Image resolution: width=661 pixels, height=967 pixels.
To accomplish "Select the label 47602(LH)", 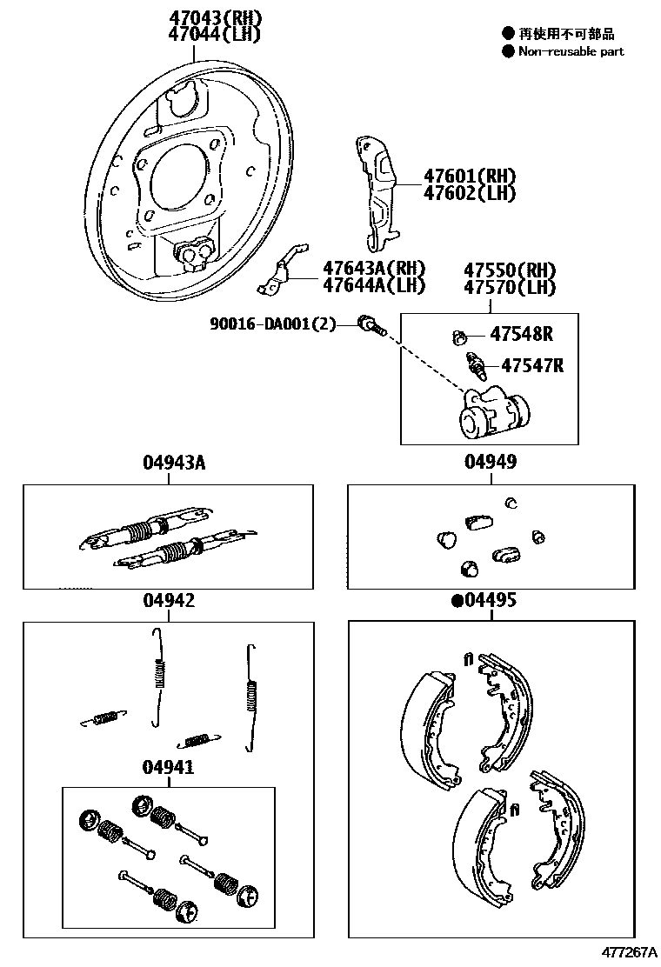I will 470,193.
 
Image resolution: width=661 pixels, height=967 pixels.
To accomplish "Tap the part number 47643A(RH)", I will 373,268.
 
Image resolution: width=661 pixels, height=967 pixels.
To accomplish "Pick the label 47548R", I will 521,334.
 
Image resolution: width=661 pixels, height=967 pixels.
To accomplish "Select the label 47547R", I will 526,365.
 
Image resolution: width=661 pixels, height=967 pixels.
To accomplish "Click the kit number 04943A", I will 173,463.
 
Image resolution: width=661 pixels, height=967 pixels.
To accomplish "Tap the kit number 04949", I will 490,463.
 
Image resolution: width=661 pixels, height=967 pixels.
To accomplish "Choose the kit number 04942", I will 168,600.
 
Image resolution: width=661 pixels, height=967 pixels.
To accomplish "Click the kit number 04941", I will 168,767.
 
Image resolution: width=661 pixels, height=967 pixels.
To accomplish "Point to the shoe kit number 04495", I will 490,600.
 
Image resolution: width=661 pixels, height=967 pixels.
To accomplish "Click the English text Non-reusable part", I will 571,51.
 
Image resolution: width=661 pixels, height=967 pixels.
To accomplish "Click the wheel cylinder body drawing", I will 491,414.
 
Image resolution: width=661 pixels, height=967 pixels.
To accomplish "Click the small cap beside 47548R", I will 462,336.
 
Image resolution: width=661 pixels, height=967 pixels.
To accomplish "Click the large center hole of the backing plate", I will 179,177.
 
